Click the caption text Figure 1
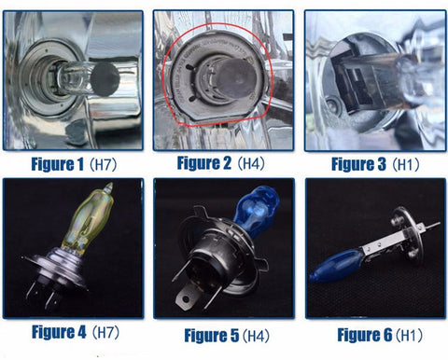(58, 164)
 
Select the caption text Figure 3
(358, 164)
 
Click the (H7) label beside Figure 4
(105, 332)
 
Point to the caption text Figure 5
(212, 336)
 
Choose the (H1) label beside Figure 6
(409, 335)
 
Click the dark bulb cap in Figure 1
(105, 79)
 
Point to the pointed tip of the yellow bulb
(109, 184)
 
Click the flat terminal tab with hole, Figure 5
(186, 298)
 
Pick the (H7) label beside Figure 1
(103, 164)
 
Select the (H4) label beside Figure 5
(256, 336)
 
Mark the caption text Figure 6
(365, 335)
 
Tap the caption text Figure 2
(204, 163)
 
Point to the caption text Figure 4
(59, 332)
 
